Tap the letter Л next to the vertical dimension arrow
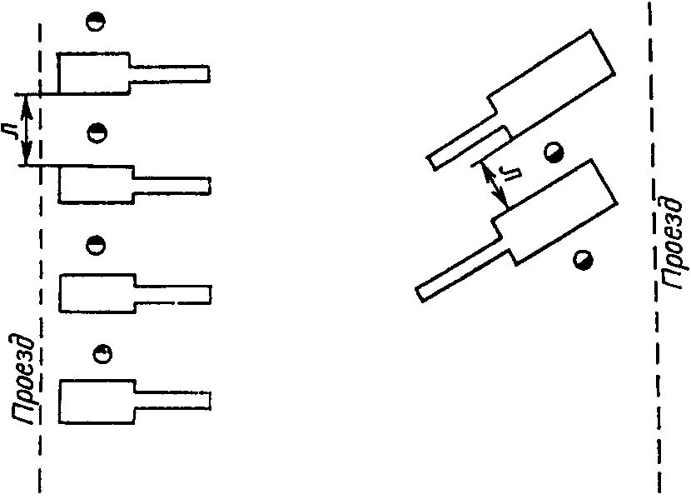pos(11,130)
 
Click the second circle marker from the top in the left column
pos(97,132)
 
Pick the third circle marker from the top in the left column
pos(97,245)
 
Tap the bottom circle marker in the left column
pos(102,354)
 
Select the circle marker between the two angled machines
pos(553,152)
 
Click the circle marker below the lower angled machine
pos(585,260)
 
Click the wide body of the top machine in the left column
pos(93,73)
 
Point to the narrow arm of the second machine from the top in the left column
pos(170,183)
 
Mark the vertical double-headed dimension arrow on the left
pos(27,130)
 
